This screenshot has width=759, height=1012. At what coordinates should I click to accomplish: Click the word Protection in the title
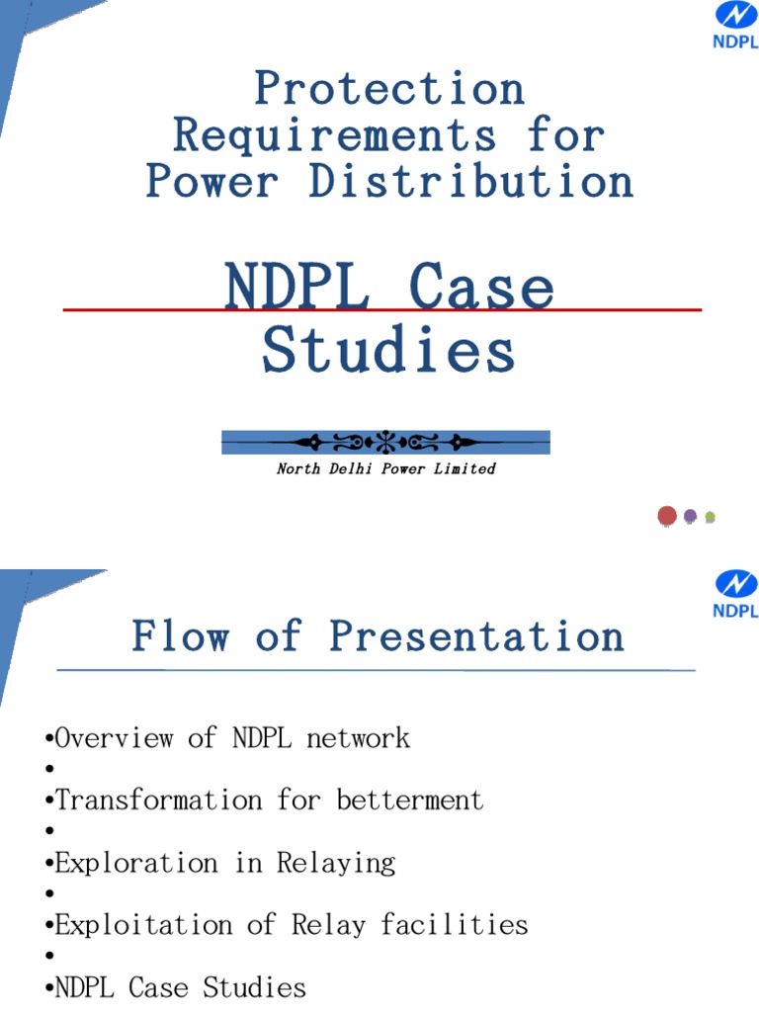[389, 89]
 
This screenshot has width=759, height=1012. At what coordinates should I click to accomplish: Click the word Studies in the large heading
[388, 350]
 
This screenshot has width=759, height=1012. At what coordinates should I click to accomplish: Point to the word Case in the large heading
[481, 288]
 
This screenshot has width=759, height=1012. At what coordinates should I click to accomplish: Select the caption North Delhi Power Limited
[385, 468]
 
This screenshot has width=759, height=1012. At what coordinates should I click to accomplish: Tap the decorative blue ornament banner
[385, 442]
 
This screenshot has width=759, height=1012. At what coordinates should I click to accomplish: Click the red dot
[667, 515]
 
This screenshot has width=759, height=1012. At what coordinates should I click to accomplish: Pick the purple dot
[691, 516]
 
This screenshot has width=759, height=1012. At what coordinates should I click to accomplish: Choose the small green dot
[710, 517]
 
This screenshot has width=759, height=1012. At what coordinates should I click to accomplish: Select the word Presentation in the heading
[476, 635]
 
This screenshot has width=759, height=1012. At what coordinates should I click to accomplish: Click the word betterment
[410, 800]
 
